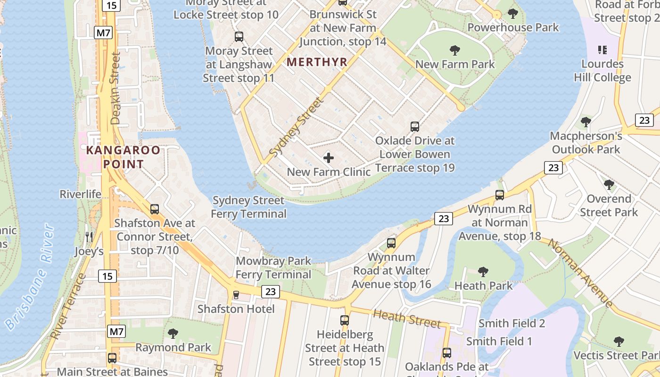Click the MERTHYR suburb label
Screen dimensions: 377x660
pos(317,62)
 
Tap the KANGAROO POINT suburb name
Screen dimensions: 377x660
pos(123,157)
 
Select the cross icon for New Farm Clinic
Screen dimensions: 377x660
pos(329,158)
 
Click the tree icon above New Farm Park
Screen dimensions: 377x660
pos(455,50)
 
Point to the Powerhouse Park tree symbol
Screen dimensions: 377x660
pos(513,14)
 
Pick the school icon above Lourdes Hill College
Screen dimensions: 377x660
pos(602,49)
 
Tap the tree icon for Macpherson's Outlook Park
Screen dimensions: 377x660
pos(586,122)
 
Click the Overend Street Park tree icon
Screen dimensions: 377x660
pos(609,185)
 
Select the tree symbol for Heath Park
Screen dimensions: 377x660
pos(483,272)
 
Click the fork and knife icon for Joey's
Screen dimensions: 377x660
pos(89,237)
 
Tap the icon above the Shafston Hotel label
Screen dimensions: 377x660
pos(236,295)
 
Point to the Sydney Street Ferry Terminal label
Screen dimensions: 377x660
pos(248,207)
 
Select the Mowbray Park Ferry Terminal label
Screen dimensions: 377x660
pos(273,268)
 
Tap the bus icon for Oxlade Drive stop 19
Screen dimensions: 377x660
pos(415,127)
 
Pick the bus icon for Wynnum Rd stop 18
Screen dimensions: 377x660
pos(500,195)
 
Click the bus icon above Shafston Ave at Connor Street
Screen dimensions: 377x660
pos(155,209)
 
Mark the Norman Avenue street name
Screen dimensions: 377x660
pos(580,273)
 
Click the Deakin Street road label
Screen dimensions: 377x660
pos(115,88)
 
